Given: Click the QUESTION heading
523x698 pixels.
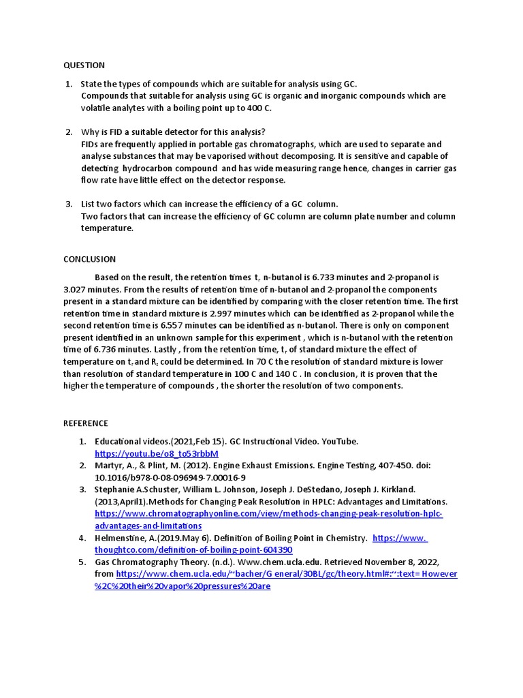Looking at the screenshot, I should (x=84, y=65).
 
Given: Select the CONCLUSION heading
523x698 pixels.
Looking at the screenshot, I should (x=89, y=259).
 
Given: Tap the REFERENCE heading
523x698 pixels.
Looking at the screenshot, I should (x=86, y=423).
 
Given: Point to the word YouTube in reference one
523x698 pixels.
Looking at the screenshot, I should (x=337, y=441).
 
